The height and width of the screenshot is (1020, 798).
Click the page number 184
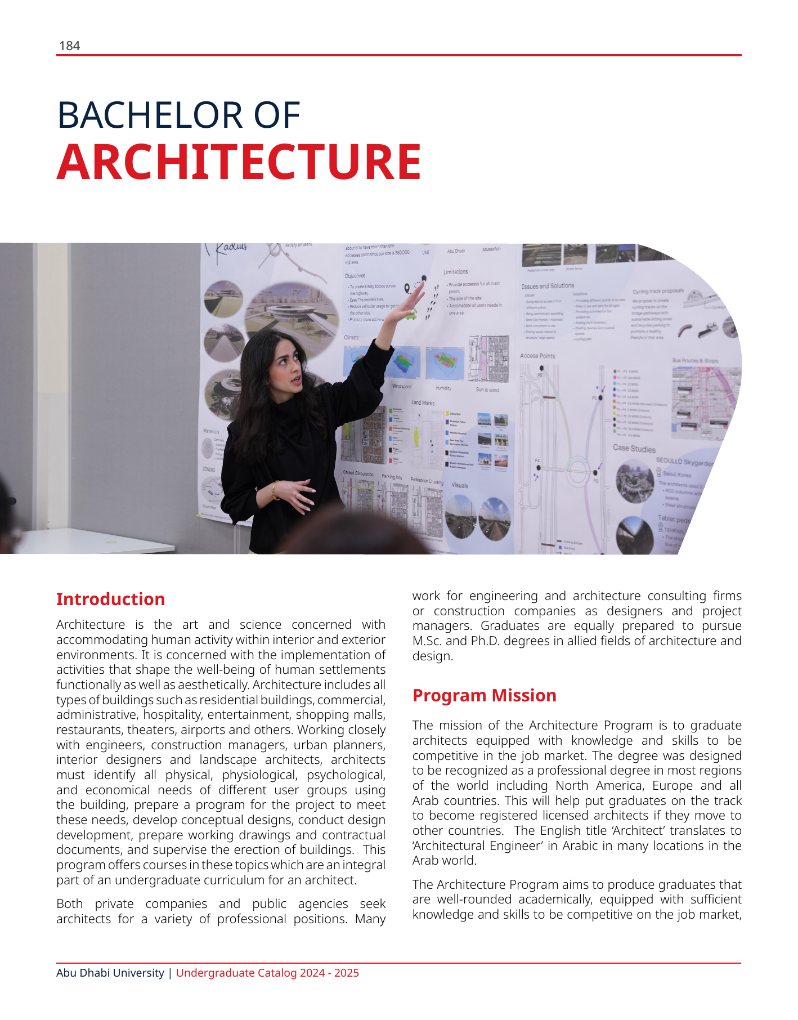click(x=69, y=46)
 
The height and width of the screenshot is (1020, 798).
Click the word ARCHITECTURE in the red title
click(x=239, y=162)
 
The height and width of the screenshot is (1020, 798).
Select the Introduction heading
click(x=110, y=599)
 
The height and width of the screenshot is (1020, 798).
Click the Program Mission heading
click(x=484, y=695)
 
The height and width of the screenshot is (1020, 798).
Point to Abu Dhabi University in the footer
click(x=110, y=973)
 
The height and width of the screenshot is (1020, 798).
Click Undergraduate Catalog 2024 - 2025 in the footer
click(x=267, y=973)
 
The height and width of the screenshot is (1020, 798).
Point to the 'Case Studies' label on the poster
click(x=634, y=449)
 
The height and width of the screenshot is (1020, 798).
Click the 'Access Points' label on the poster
click(x=537, y=356)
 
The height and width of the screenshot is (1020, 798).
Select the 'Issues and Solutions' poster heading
click(x=548, y=286)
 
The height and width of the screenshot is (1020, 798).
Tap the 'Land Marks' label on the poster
click(x=423, y=402)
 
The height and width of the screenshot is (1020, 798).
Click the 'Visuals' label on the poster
click(x=460, y=485)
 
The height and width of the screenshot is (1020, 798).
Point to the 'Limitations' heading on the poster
click(x=455, y=272)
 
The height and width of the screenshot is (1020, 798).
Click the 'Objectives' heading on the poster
click(x=355, y=276)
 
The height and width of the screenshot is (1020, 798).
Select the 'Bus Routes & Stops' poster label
click(x=695, y=360)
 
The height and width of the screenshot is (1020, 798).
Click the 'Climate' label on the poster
click(x=351, y=337)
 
